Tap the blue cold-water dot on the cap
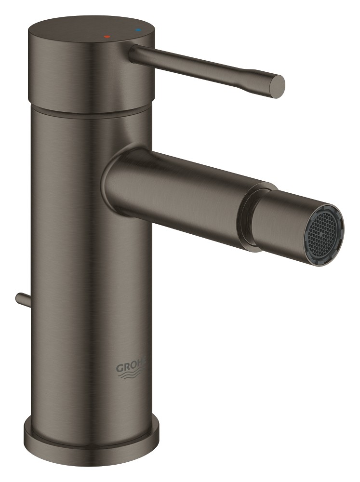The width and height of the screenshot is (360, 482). pyautogui.click(x=140, y=30)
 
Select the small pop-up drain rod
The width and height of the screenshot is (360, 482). pyautogui.click(x=22, y=298)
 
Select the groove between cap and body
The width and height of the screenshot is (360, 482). pyautogui.click(x=92, y=96)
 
